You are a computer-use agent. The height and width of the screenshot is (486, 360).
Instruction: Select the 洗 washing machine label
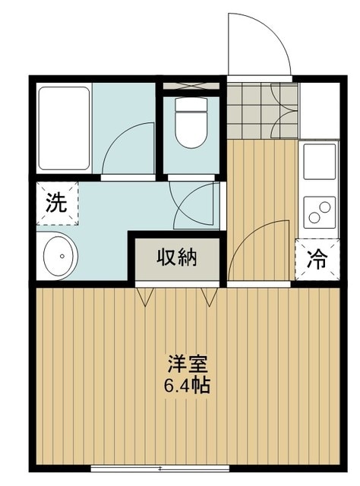click(x=56, y=203)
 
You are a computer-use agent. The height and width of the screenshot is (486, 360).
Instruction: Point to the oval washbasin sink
click(x=57, y=257)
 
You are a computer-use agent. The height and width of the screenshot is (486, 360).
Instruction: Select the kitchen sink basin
click(x=319, y=161)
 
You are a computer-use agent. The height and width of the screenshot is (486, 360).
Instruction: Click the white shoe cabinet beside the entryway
click(x=319, y=109)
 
